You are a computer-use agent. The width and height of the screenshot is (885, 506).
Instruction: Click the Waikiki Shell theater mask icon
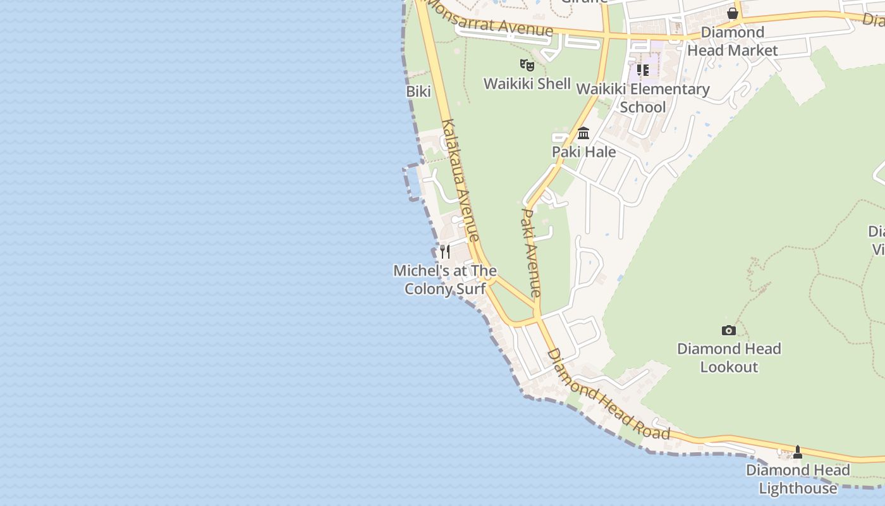click(x=527, y=65)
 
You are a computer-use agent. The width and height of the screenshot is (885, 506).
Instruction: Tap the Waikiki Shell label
click(x=527, y=83)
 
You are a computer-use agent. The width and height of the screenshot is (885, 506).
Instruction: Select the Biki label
click(x=418, y=92)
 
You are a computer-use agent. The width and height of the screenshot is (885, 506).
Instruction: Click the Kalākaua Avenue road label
click(x=460, y=180)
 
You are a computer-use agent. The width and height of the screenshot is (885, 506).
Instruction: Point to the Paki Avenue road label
click(x=530, y=252)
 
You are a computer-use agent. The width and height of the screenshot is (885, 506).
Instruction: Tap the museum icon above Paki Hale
click(x=583, y=133)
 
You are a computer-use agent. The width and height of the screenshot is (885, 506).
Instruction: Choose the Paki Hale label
click(x=583, y=152)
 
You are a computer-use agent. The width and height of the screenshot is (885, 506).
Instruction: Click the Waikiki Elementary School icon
click(x=643, y=70)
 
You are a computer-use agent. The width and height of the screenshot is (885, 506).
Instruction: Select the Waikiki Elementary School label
click(x=643, y=98)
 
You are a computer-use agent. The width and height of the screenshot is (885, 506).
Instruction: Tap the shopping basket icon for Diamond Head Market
click(x=733, y=13)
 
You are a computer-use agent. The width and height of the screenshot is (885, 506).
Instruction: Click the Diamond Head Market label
click(x=733, y=41)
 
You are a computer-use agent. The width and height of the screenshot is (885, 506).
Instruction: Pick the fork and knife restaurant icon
click(x=445, y=251)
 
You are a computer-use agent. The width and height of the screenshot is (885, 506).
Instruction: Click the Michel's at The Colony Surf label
click(x=445, y=280)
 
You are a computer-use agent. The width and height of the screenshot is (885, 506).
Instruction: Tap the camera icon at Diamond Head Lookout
click(x=729, y=330)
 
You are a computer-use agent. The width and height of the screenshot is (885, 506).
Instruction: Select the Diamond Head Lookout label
click(x=729, y=357)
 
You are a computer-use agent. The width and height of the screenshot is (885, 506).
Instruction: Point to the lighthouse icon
click(x=798, y=452)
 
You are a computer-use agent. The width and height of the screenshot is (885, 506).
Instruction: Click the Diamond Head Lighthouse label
click(x=798, y=479)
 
